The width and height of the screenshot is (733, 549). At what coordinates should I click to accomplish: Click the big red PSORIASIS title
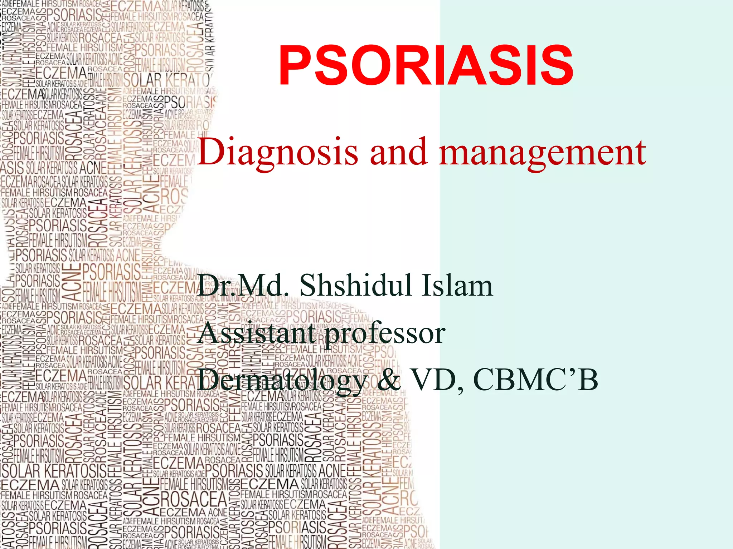click(x=426, y=66)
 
